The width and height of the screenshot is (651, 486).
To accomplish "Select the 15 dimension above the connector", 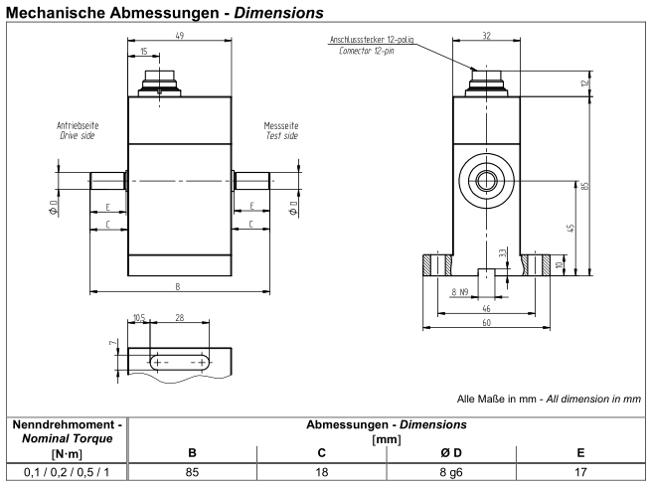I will click(x=144, y=52).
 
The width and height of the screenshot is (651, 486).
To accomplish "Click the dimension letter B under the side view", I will click(x=177, y=286).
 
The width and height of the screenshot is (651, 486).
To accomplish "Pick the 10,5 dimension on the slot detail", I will click(x=138, y=319).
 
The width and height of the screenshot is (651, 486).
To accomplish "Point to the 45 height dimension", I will click(x=570, y=228).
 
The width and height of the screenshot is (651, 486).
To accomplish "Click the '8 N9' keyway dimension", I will click(x=460, y=292).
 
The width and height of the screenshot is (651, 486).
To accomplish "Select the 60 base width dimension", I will click(x=486, y=322).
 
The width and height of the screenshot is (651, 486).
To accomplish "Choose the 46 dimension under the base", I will click(x=486, y=309).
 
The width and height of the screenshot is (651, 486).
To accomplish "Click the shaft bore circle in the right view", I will click(x=486, y=180).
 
